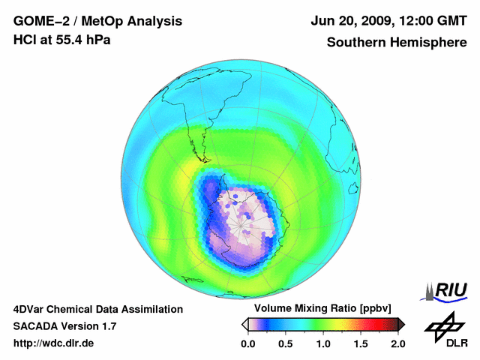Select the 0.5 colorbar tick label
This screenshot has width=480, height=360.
[x=285, y=343]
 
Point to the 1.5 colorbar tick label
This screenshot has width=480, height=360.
[x=361, y=343]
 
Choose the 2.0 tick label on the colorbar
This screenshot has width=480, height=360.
[x=398, y=343]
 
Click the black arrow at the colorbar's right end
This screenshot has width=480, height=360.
[x=401, y=324]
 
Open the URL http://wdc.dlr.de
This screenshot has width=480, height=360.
[x=53, y=343]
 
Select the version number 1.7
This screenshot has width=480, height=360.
[x=108, y=326]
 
